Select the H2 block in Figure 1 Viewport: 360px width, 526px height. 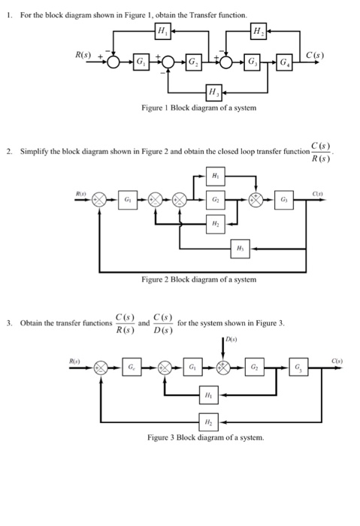tap(257, 31)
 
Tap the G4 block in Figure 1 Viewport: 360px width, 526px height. tap(286, 60)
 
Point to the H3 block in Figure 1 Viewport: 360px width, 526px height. tap(214, 93)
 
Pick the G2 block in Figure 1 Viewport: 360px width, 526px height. tap(194, 60)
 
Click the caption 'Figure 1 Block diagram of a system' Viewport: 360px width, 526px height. tap(198, 109)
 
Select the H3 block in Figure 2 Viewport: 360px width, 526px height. tap(240, 248)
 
